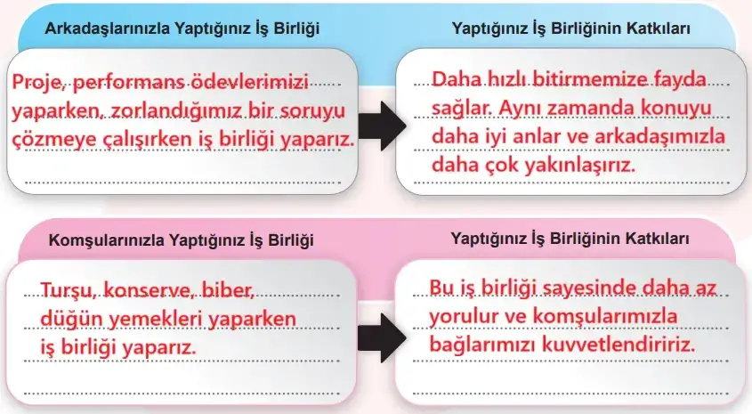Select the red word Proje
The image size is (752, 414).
pos(38,84)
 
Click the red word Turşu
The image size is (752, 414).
pos(68,289)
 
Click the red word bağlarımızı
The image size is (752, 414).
pos(477,345)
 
